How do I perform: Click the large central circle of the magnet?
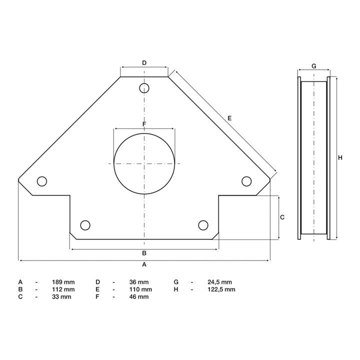(114, 163)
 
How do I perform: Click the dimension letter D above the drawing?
(144, 63)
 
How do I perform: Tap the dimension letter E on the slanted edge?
(229, 118)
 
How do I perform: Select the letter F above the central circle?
(144, 124)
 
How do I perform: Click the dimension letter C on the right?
(282, 217)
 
